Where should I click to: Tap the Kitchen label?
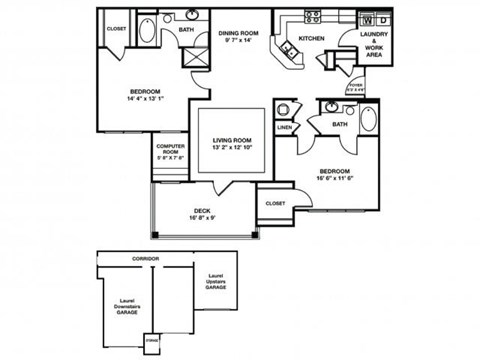click(312, 38)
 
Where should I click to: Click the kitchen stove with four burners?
click(312, 16)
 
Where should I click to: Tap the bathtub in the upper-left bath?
click(146, 30)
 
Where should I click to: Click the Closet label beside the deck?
click(276, 203)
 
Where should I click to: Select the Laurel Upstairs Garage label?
click(216, 281)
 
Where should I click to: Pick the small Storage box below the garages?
click(153, 340)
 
